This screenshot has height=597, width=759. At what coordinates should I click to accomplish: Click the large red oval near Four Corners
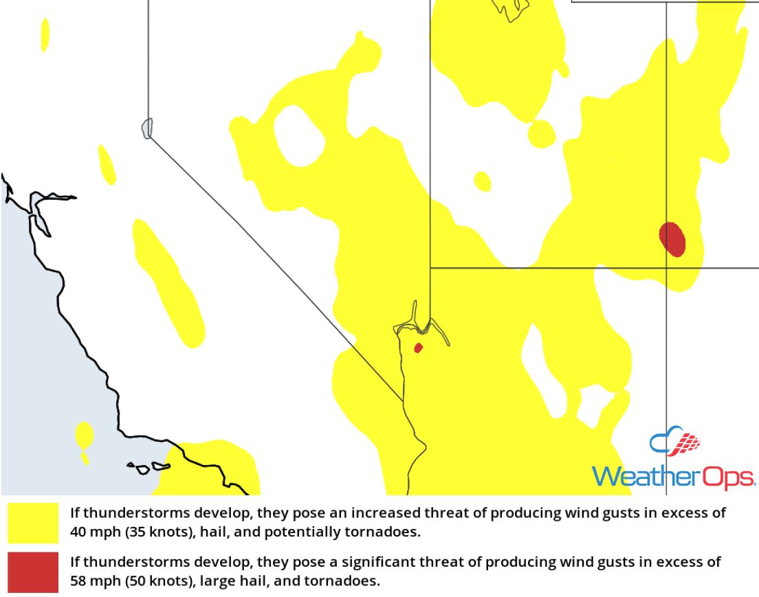(672, 239)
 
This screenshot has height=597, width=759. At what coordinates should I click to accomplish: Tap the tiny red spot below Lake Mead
(418, 348)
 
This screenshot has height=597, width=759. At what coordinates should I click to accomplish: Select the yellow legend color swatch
(33, 523)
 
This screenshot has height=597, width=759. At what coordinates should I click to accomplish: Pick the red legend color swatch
(33, 572)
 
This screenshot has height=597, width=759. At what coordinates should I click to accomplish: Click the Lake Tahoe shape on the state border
(147, 128)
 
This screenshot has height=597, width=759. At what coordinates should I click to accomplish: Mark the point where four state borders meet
(666, 268)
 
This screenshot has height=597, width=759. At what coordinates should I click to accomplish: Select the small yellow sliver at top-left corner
(45, 34)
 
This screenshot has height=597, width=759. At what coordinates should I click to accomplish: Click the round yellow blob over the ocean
(84, 435)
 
